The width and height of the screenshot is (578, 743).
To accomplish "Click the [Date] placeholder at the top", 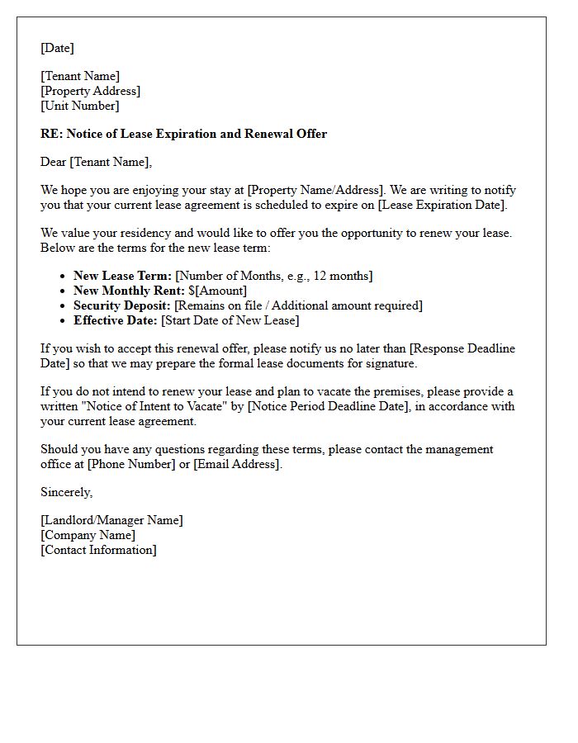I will tap(58, 48).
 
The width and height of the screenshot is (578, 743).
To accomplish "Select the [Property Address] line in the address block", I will tap(91, 91).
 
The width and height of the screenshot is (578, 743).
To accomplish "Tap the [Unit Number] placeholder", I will tap(80, 106).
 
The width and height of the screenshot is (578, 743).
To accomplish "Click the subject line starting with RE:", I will tap(183, 134).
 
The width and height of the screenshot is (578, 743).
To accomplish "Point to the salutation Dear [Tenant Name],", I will tap(97, 162).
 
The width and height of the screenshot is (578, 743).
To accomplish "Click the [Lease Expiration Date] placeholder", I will tap(443, 205).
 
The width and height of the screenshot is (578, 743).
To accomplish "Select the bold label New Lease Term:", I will tap(122, 276).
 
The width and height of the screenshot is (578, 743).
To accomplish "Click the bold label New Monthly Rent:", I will tap(129, 291).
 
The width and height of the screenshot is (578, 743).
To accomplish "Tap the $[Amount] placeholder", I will tap(217, 291).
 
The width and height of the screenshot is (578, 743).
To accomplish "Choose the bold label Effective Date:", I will tap(116, 320).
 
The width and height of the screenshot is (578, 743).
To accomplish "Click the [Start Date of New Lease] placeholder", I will tap(230, 320).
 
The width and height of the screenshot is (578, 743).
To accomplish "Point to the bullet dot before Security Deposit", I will tap(64, 306).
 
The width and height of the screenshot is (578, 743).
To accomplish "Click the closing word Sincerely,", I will tap(67, 492).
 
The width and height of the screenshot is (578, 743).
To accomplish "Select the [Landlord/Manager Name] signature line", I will tap(111, 520).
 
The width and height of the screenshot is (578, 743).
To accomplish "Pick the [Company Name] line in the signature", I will tap(88, 535).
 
